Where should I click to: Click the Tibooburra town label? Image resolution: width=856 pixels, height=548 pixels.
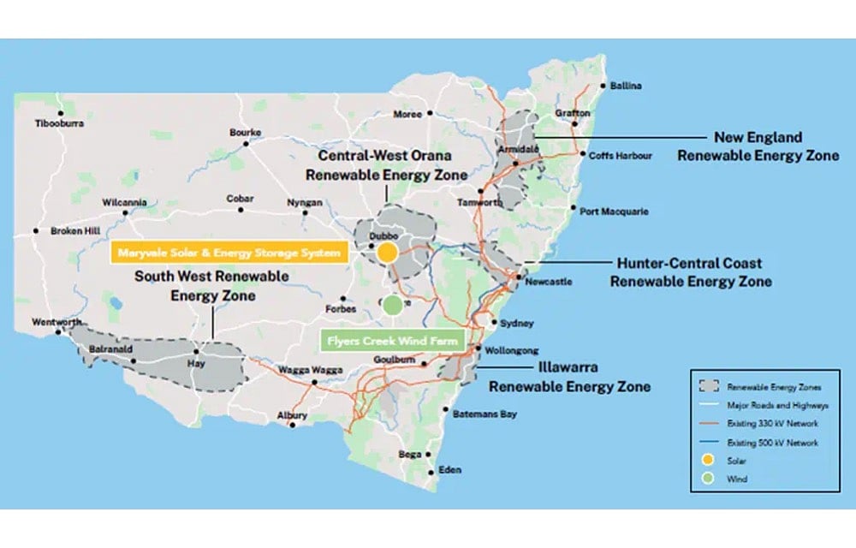point(59,123)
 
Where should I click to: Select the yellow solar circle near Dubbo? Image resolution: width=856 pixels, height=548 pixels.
point(387,253)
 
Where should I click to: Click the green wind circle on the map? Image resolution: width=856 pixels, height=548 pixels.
point(392,304)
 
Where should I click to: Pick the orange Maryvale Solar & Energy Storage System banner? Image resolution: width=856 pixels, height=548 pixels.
point(228,253)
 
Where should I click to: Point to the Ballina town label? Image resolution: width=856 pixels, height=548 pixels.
point(626,86)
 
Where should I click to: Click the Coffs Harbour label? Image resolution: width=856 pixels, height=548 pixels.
point(621,156)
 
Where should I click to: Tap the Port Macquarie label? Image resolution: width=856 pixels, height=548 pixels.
point(614,211)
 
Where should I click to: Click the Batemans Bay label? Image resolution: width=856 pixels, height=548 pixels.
point(484,414)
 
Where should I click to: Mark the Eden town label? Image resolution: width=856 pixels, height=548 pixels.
point(449,470)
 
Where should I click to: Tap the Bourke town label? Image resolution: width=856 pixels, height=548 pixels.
point(245,132)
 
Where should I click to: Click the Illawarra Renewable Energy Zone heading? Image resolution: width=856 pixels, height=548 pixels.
point(569,377)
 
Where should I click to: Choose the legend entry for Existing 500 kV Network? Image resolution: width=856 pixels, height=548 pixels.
point(772,443)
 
